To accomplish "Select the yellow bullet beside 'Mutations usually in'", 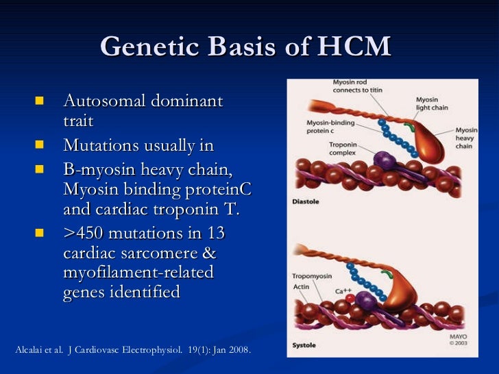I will (x=38, y=146).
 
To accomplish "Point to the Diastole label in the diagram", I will (x=306, y=201).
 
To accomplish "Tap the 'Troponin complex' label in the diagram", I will (x=343, y=150).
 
